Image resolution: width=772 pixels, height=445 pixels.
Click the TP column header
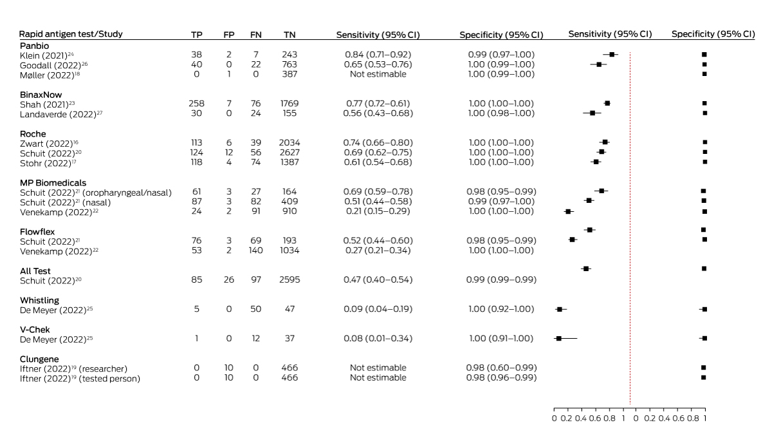[x=197, y=34]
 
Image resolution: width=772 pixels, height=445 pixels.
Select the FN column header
[x=255, y=34]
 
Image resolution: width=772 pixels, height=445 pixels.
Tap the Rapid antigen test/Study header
[x=71, y=33]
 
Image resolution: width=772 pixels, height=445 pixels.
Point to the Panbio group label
[x=32, y=45]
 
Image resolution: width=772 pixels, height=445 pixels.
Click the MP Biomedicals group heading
[x=53, y=182]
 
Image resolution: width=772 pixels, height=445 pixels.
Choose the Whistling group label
[x=40, y=300]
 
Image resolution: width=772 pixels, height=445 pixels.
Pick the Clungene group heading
[x=40, y=359]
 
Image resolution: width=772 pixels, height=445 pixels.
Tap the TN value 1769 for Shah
[x=290, y=104]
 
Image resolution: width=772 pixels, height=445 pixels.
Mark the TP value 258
[x=197, y=104]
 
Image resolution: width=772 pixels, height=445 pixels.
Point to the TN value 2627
[x=290, y=153]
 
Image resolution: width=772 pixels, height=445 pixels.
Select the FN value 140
[x=255, y=251]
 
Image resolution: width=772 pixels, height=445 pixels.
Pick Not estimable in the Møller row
[x=378, y=74]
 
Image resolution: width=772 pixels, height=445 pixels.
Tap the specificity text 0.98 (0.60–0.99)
[x=501, y=368]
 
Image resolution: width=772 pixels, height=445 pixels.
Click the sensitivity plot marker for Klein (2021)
[x=612, y=55]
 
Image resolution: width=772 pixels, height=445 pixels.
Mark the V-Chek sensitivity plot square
[x=558, y=338]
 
